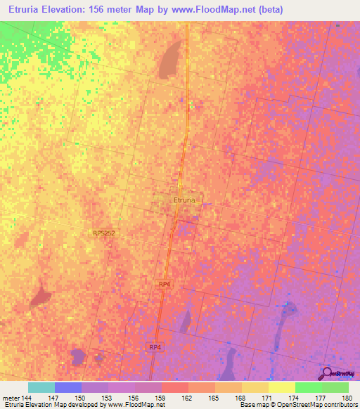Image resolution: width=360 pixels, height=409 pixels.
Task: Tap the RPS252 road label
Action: pyautogui.click(x=103, y=233)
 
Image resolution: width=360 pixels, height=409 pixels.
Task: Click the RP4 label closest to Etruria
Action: pyautogui.click(x=165, y=283)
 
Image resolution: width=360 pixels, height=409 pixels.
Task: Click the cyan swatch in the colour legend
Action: pyautogui.click(x=41, y=387)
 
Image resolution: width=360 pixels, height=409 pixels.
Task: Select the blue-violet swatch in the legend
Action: pyautogui.click(x=68, y=387)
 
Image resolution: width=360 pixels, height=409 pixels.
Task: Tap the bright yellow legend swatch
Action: pyautogui.click(x=282, y=387)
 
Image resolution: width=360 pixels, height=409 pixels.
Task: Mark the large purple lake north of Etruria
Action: pyautogui.click(x=169, y=60)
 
